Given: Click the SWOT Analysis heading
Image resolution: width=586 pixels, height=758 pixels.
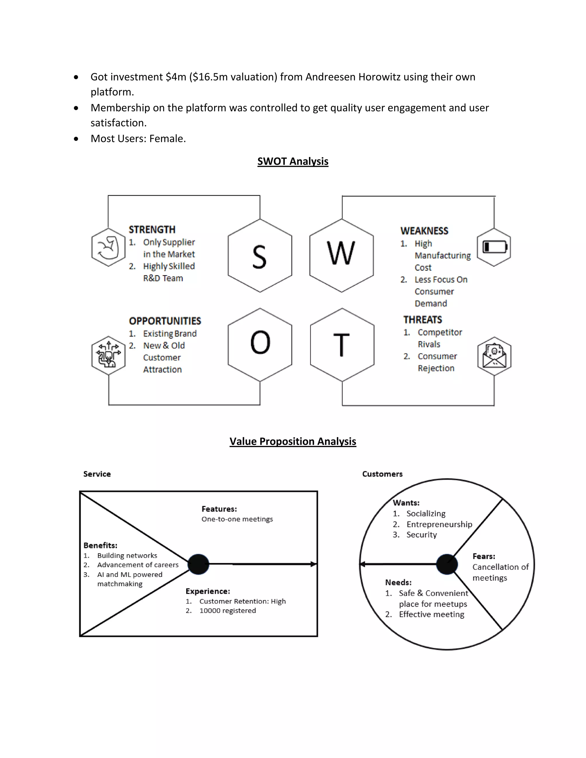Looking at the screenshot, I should pyautogui.click(x=293, y=161).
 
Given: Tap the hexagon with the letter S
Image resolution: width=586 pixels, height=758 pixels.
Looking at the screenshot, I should pyautogui.click(x=260, y=256).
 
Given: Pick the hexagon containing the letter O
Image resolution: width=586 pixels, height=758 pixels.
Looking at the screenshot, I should pyautogui.click(x=260, y=345).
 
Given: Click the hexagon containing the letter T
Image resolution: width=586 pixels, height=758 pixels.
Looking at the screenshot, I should pyautogui.click(x=342, y=345).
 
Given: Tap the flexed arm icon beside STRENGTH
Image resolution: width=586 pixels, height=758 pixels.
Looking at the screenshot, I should pyautogui.click(x=108, y=247).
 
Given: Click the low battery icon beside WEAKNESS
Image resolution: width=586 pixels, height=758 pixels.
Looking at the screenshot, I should pyautogui.click(x=494, y=247).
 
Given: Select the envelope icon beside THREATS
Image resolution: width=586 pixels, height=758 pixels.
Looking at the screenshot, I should pyautogui.click(x=494, y=356).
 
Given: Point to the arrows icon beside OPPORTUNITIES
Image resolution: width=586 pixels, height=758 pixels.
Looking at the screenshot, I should pyautogui.click(x=109, y=355).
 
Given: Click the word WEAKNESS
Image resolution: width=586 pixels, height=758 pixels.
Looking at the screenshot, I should pyautogui.click(x=424, y=231).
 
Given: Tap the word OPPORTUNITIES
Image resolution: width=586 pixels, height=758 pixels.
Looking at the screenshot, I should pyautogui.click(x=165, y=321).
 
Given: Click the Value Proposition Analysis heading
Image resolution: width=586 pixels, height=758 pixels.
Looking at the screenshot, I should pyautogui.click(x=293, y=441).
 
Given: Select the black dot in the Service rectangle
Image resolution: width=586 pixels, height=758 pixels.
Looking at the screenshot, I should pyautogui.click(x=198, y=564).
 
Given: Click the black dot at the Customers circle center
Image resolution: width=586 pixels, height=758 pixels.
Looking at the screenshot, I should pyautogui.click(x=447, y=564).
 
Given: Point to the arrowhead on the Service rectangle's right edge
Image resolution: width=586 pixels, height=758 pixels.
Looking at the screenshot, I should pyautogui.click(x=314, y=564).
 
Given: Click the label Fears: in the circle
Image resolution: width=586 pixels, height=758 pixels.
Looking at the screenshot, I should pyautogui.click(x=484, y=556).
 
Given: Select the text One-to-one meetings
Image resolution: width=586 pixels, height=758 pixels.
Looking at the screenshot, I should pyautogui.click(x=237, y=519).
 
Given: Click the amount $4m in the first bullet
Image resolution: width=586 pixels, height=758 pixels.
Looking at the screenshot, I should pyautogui.click(x=176, y=77).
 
